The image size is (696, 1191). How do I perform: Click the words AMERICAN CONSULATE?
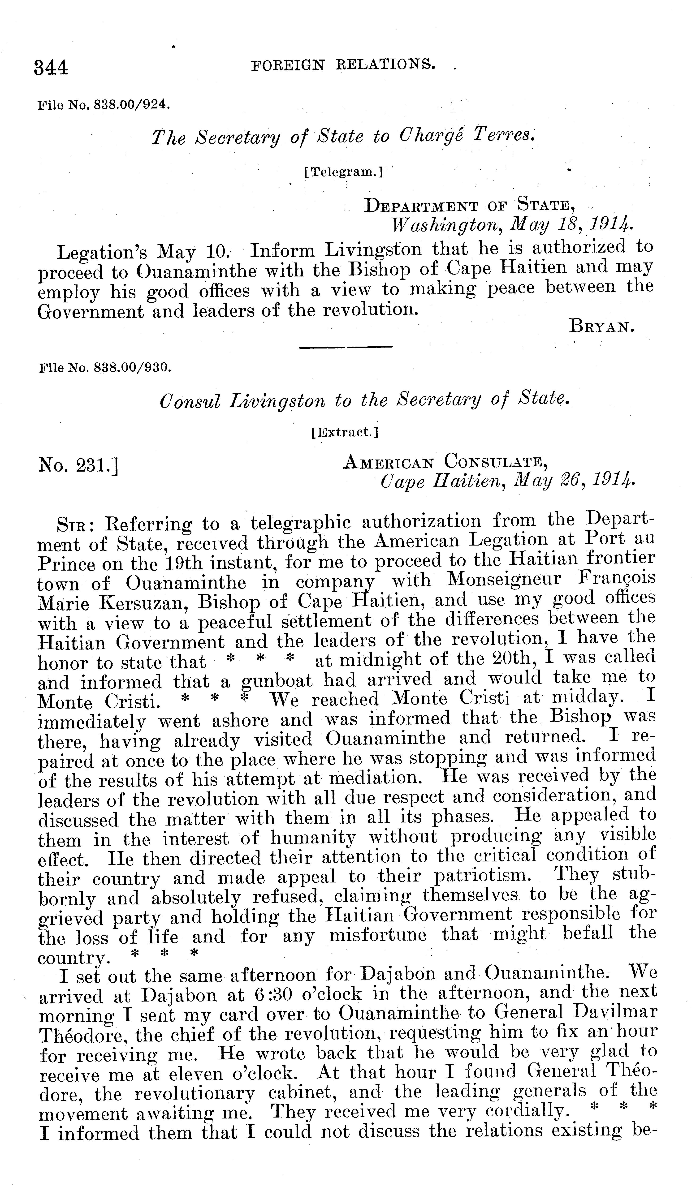(445, 461)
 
